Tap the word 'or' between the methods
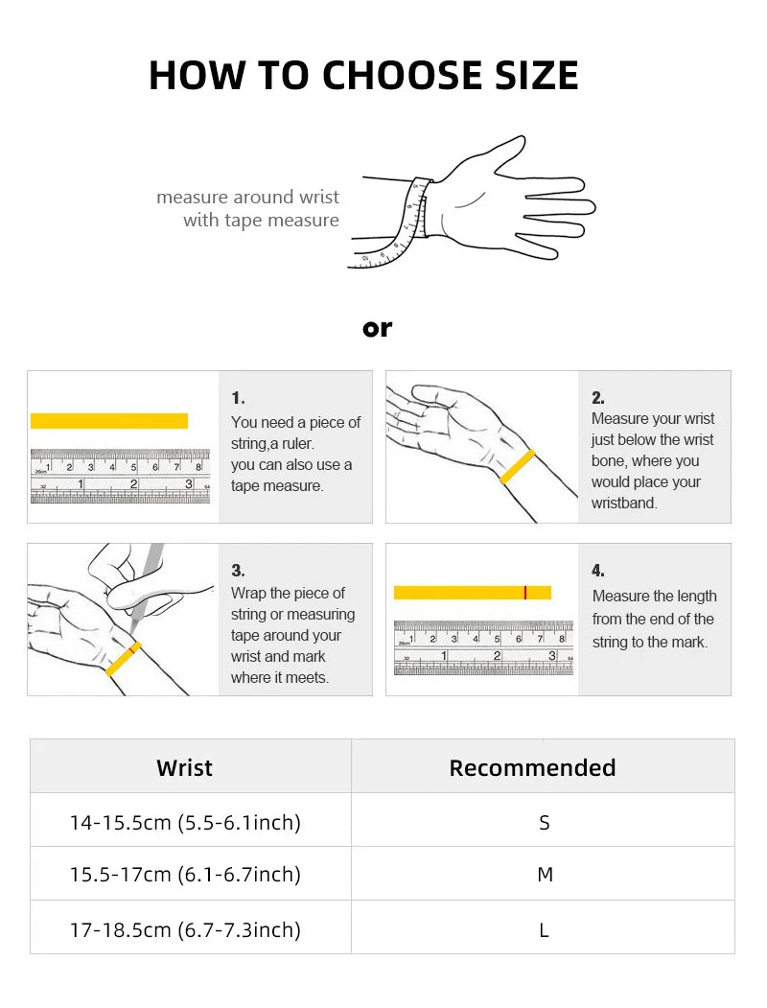(x=377, y=329)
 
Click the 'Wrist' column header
(x=184, y=767)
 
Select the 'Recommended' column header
(x=532, y=767)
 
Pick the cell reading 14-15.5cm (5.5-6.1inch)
(x=185, y=822)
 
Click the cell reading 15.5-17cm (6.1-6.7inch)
(x=185, y=875)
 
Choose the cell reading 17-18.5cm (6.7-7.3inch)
(x=185, y=929)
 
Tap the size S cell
(x=545, y=823)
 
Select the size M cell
(x=545, y=875)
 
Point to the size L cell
(x=545, y=930)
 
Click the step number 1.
(x=238, y=398)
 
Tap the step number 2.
(x=598, y=398)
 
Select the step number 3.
(x=238, y=571)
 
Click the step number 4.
(x=598, y=571)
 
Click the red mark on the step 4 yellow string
(x=524, y=593)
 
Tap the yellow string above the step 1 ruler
(x=109, y=421)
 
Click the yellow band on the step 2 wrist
(x=517, y=467)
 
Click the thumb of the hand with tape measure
(x=496, y=154)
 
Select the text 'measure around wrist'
(x=248, y=197)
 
